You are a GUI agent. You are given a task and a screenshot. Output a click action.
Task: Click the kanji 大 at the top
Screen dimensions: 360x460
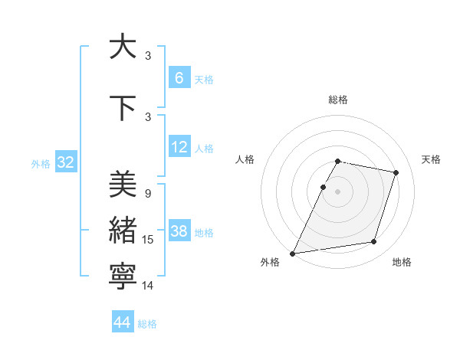[x=123, y=47]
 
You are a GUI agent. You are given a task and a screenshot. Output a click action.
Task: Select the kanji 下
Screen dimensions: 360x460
[x=123, y=108]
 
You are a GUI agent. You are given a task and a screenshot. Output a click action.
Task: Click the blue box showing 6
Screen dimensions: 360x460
[x=179, y=77]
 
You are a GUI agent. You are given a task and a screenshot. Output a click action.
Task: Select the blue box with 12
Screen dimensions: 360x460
[x=179, y=147]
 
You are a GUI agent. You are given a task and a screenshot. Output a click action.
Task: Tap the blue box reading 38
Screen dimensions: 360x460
[x=179, y=231]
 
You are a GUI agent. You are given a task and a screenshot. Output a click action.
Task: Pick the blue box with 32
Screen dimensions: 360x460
[x=65, y=162]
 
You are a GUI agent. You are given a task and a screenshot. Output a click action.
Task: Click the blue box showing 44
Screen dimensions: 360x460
[x=123, y=322]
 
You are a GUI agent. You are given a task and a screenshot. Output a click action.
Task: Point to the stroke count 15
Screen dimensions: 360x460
[x=149, y=240]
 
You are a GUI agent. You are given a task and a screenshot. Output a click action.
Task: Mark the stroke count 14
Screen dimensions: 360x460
[x=149, y=286]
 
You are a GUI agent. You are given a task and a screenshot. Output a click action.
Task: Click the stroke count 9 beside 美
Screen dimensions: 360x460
[x=147, y=194]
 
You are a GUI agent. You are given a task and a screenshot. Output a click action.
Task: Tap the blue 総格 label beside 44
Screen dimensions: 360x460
[x=147, y=324]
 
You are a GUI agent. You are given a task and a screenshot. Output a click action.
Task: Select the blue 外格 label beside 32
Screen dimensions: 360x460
[x=41, y=163]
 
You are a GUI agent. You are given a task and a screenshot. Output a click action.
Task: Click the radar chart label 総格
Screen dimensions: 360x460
[x=337, y=100]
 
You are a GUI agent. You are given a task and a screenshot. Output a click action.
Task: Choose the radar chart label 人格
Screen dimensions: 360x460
[x=245, y=159]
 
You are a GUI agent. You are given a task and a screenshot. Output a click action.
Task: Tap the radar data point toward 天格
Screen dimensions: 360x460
[x=396, y=172]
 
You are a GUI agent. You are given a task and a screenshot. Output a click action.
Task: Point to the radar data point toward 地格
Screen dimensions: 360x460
[x=374, y=242]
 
